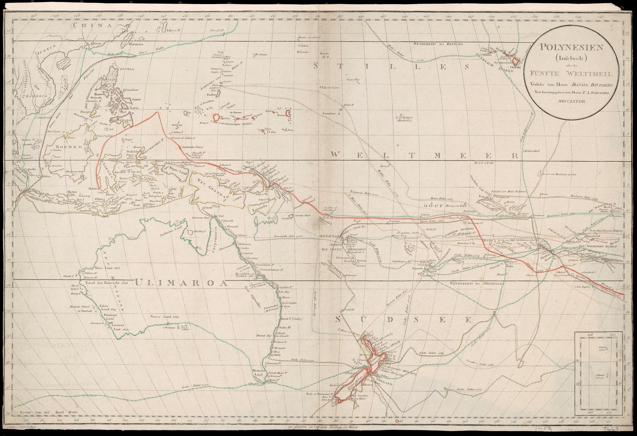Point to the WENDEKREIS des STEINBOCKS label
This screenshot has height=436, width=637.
click(473, 284)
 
